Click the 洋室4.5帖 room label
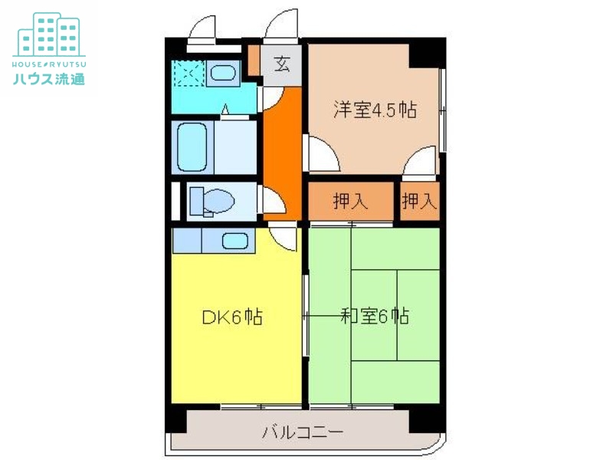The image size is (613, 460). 374,110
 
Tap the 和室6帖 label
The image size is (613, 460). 374,316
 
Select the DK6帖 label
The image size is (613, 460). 232,317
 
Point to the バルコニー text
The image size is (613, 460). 303,432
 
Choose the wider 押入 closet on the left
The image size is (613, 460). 351,202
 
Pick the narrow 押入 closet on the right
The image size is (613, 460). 419,202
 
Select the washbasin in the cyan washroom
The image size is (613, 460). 222,74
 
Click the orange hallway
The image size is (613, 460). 280,146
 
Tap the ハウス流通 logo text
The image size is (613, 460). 48,77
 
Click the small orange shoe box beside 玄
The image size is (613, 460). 254,60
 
